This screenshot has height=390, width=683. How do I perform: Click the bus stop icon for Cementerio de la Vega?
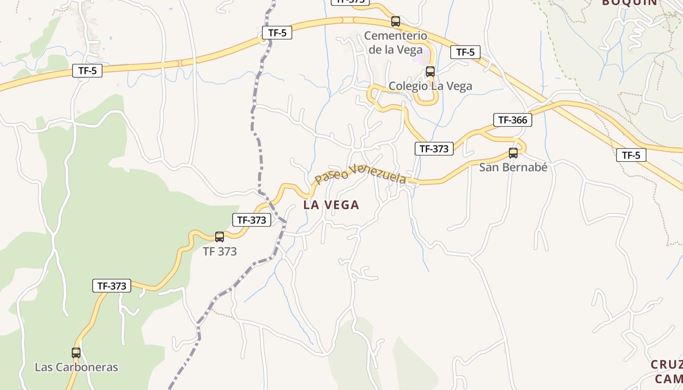(x=396, y=21)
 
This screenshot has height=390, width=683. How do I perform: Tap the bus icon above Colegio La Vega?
(x=430, y=72)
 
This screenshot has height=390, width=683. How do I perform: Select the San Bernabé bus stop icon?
(x=513, y=153)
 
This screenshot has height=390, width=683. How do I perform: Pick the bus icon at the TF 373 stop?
(x=220, y=237)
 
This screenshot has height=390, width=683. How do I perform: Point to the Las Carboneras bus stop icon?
(x=76, y=353)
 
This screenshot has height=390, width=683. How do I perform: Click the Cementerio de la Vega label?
(x=396, y=42)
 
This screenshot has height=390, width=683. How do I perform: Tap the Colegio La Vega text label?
(x=430, y=86)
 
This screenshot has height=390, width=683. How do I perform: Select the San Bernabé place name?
(x=513, y=167)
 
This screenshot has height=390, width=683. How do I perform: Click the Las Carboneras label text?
(x=76, y=367)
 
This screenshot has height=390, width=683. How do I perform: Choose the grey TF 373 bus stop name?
(x=220, y=252)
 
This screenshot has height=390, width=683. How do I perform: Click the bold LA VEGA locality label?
(x=331, y=205)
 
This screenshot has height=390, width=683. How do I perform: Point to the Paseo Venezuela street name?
(x=360, y=175)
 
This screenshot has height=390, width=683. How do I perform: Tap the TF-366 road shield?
(x=512, y=120)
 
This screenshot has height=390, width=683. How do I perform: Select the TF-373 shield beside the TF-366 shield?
(x=434, y=149)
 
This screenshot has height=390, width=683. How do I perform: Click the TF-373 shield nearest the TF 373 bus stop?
(x=251, y=220)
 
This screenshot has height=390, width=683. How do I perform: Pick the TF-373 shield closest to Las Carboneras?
(x=112, y=286)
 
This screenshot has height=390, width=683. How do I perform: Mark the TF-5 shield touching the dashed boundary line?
(x=277, y=33)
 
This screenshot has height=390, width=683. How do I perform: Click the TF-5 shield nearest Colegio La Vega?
(x=465, y=52)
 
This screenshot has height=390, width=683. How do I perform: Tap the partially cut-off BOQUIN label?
(x=629, y=2)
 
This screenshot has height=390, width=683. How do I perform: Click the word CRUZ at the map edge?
(x=666, y=365)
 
